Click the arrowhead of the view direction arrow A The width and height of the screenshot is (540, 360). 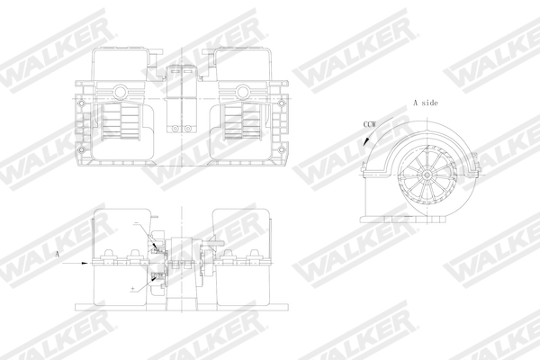click(x=91, y=263)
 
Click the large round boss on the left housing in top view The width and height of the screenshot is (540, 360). click(x=117, y=92)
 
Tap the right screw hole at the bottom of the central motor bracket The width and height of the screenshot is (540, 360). click(x=189, y=125)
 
